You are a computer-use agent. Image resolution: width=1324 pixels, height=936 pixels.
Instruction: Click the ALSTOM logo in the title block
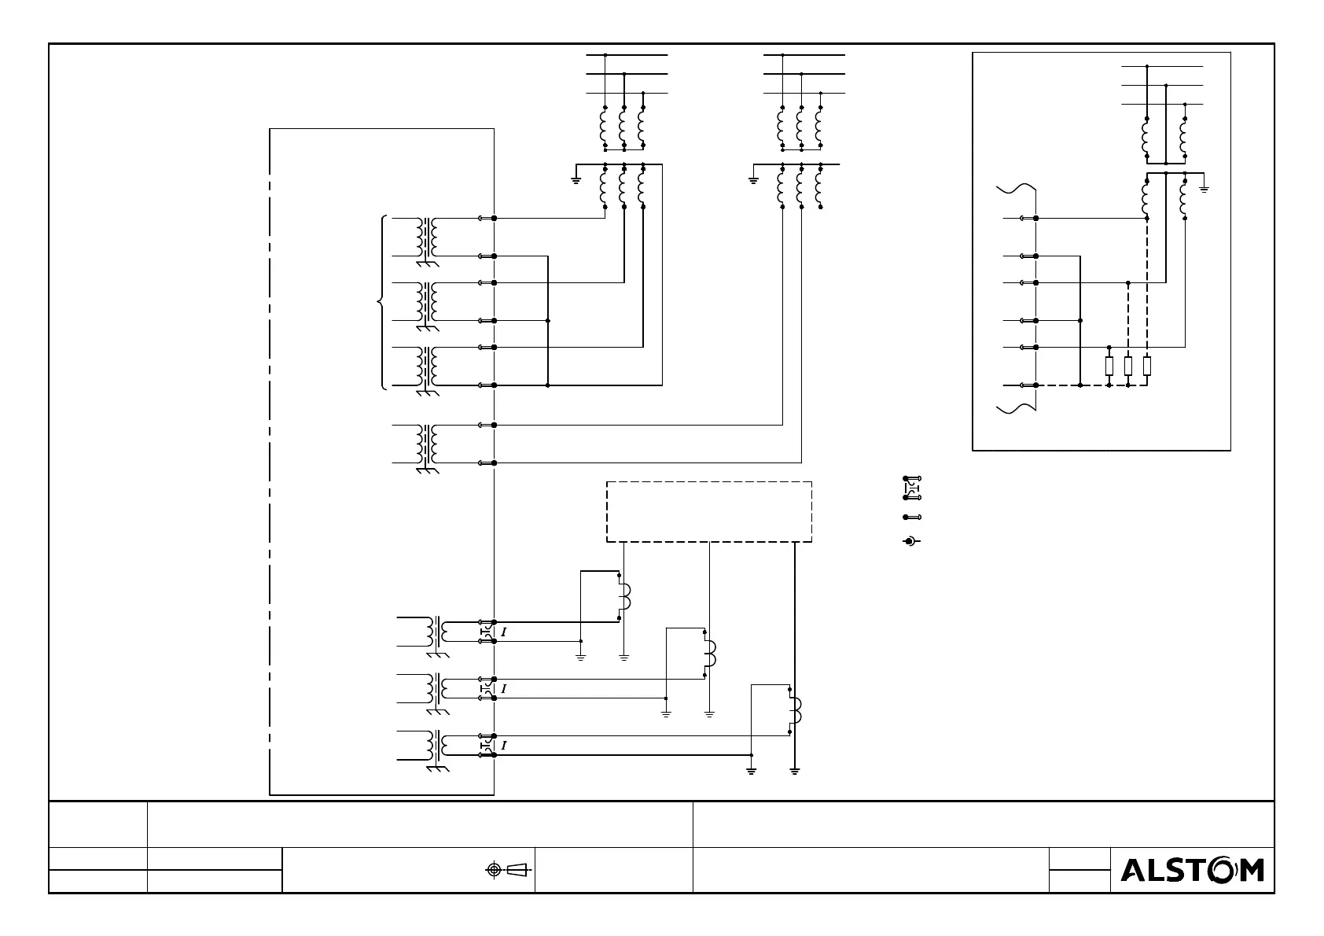(x=1192, y=870)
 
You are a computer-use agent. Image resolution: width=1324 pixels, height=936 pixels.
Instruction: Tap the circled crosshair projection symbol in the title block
(x=494, y=869)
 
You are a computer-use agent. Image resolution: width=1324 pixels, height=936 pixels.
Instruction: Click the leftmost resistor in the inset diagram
(x=1109, y=366)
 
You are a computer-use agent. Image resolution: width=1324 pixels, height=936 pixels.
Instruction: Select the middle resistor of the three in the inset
(x=1128, y=366)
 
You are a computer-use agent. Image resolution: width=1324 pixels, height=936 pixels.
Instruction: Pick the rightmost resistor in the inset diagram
(x=1147, y=366)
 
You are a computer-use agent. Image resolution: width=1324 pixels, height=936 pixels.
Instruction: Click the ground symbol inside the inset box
(x=1204, y=188)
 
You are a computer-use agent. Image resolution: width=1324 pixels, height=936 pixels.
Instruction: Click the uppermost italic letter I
(x=503, y=632)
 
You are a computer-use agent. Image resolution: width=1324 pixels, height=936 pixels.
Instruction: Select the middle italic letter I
(x=503, y=689)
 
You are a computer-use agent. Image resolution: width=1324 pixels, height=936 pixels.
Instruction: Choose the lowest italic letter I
(x=503, y=746)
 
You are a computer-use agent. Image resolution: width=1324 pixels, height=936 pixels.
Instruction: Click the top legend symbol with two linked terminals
(x=912, y=488)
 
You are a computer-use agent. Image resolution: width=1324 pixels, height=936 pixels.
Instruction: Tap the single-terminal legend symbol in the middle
(x=912, y=518)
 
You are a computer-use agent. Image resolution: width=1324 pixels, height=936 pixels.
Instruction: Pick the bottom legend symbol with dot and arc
(x=911, y=541)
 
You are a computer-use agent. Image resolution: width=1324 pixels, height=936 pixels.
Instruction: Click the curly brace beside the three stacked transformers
(x=381, y=301)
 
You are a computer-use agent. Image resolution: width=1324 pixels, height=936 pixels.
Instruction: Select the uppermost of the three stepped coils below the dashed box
(x=625, y=598)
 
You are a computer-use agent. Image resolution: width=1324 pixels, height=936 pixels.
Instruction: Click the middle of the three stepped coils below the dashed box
(x=710, y=653)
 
